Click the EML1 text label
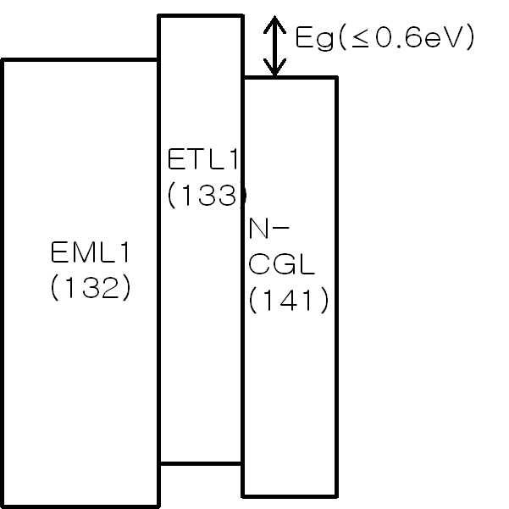[x=91, y=253]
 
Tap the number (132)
[x=91, y=288]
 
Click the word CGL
[x=282, y=264]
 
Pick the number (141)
[x=289, y=301]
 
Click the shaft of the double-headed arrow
[x=274, y=47]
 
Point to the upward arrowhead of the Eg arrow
[x=274, y=25]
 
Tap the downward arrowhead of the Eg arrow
[x=274, y=70]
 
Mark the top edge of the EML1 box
[x=80, y=60]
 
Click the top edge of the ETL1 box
[x=202, y=15]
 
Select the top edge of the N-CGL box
[x=290, y=78]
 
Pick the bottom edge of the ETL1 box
[x=202, y=463]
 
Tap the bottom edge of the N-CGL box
[x=290, y=495]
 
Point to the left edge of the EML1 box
[x=3, y=279]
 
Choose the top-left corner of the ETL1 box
[x=159, y=15]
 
